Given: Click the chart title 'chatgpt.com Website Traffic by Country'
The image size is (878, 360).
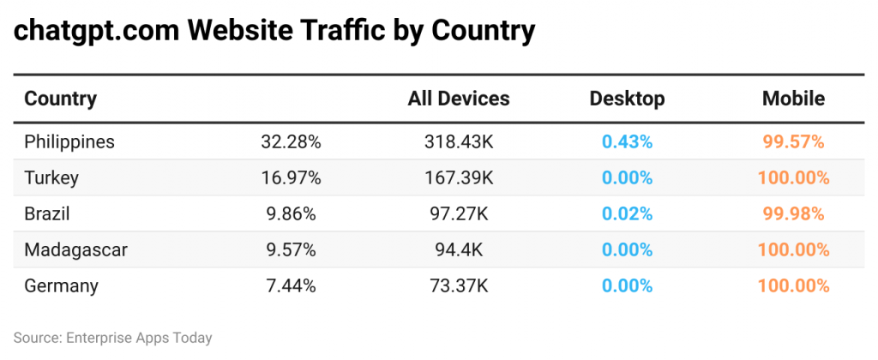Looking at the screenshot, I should [x=274, y=32].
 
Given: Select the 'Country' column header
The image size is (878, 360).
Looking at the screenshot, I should [x=60, y=99].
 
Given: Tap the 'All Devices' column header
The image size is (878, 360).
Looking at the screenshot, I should [x=459, y=99].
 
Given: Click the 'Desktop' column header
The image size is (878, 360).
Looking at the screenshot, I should [x=627, y=99].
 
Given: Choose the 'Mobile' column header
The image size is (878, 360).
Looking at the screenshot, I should [x=793, y=99].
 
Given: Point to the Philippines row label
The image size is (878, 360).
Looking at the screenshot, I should [x=69, y=141].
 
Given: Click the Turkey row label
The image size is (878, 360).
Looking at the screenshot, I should [x=51, y=178].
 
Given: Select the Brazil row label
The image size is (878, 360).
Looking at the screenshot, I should [x=47, y=214].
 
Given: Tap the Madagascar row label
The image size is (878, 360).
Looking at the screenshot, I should [x=75, y=250].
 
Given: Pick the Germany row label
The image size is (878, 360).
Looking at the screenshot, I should [x=61, y=286].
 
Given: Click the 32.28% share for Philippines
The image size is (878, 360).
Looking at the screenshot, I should [x=291, y=141].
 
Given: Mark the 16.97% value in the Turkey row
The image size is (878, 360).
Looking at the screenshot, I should [x=291, y=178].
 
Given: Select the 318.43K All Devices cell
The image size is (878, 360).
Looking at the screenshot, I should [x=459, y=141].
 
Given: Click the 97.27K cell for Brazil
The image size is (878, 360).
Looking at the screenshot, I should [x=459, y=214].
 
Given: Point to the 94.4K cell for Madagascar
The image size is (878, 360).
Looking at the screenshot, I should [x=459, y=250].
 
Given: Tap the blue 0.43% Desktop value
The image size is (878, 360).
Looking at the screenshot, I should [x=627, y=141].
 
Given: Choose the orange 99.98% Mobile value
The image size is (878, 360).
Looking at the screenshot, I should [x=793, y=214].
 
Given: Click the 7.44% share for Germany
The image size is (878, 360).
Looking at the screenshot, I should [x=291, y=286].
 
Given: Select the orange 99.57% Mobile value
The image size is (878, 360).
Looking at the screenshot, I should [x=793, y=141].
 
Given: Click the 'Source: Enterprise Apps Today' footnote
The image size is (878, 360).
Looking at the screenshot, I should [x=112, y=338].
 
